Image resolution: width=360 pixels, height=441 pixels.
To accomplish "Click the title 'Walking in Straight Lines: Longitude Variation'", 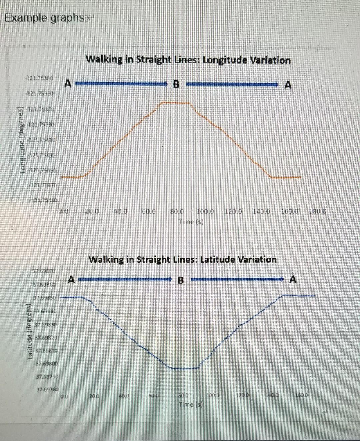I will [188, 60].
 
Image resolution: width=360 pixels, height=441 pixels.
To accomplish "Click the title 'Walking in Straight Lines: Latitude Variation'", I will [183, 259].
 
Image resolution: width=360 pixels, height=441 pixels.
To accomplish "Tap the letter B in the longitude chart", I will [176, 85].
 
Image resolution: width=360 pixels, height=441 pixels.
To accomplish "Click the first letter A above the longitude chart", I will [68, 83].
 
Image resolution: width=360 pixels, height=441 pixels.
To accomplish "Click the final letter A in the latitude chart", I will [292, 279].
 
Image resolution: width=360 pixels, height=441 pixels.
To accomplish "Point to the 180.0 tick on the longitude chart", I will [318, 211].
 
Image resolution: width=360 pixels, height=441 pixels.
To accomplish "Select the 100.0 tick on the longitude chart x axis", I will [205, 211].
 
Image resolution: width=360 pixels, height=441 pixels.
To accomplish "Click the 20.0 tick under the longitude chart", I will [92, 211].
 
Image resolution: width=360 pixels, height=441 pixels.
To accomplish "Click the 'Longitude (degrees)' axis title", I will [23, 138].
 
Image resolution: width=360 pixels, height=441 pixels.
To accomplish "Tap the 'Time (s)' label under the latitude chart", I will [191, 404].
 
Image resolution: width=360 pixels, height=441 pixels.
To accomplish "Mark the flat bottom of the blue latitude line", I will [184, 368].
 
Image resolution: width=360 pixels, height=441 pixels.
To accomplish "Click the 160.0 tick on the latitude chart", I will [302, 396].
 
